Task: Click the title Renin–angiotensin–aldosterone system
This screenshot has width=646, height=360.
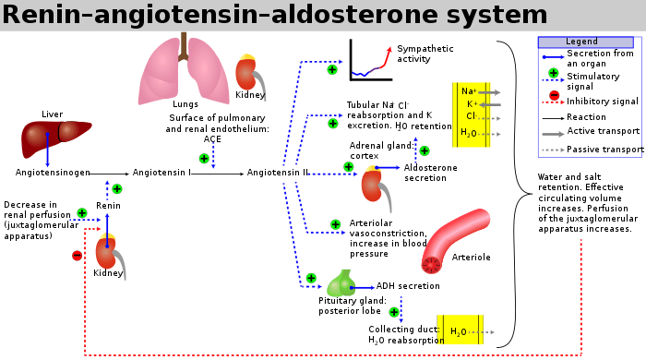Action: (x=275, y=15)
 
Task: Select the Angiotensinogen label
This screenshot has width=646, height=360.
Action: (x=53, y=173)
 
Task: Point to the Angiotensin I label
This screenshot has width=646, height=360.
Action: (x=161, y=173)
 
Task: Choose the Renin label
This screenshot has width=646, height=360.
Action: (x=108, y=205)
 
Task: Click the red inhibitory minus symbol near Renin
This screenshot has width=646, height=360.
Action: (x=77, y=255)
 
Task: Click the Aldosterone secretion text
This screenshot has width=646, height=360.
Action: (x=430, y=173)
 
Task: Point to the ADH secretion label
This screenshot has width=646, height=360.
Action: (x=406, y=286)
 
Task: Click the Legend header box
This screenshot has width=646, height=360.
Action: (x=581, y=42)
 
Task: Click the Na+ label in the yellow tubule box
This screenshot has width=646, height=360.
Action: (x=468, y=91)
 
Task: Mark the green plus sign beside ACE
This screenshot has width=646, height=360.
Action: (x=205, y=159)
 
